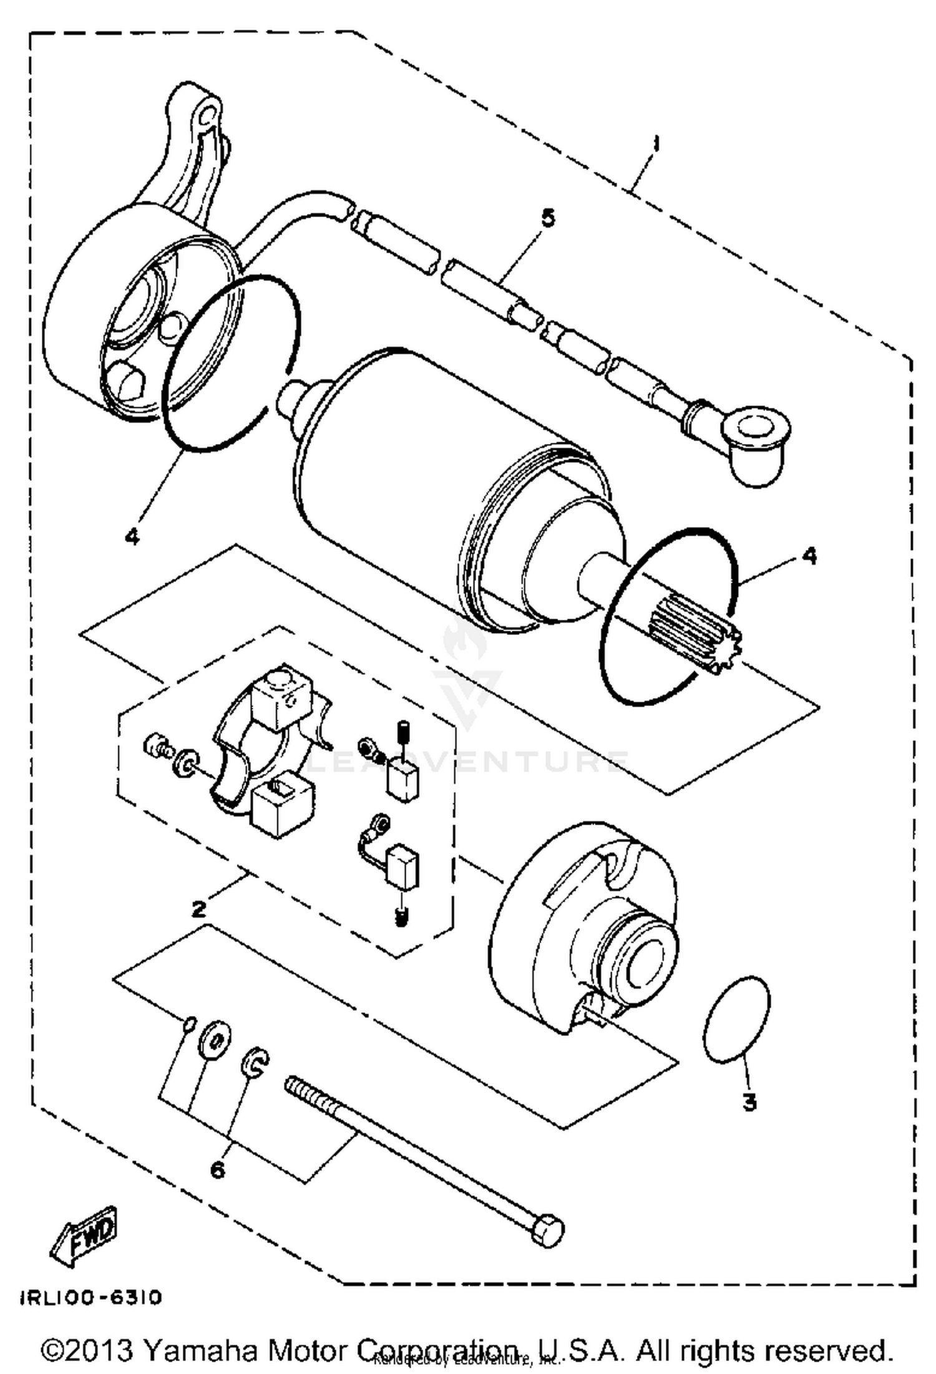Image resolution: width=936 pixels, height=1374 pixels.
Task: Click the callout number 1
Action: [655, 145]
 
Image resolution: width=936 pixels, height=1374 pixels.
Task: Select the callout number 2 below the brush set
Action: [198, 909]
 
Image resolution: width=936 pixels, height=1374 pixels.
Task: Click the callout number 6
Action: [217, 1170]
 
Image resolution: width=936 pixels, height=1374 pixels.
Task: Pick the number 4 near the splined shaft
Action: [809, 555]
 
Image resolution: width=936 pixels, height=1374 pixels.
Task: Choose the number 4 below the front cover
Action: [132, 535]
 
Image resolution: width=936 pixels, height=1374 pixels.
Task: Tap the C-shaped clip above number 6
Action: [256, 1062]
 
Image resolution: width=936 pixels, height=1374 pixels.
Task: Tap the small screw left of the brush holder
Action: [157, 746]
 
